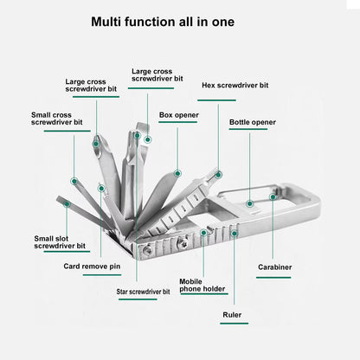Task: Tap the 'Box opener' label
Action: tap(177, 113)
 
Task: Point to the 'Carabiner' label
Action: tap(274, 266)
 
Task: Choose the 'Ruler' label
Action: tap(233, 315)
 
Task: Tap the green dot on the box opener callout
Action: tap(177, 173)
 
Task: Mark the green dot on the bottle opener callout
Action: tap(250, 204)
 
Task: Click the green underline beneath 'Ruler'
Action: tap(233, 325)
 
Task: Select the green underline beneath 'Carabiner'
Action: tap(274, 276)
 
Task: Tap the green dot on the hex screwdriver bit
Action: tap(219, 175)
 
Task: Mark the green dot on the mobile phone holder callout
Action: tap(203, 232)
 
